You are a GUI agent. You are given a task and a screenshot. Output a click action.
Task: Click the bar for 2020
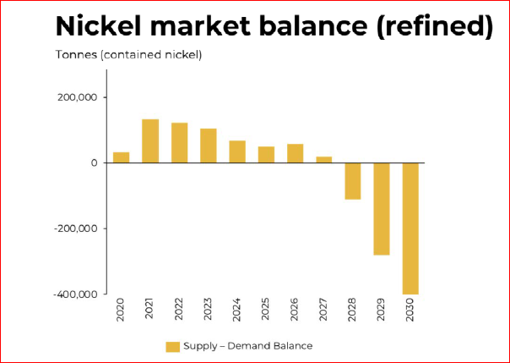point(121,157)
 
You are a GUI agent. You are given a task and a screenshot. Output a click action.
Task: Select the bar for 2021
point(150,140)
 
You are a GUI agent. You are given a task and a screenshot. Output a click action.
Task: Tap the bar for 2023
point(209,146)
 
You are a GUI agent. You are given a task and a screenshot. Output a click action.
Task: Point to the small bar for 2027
point(324,159)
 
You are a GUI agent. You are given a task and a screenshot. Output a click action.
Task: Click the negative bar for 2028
point(353,181)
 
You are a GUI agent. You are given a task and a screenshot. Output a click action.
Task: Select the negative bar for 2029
point(382,208)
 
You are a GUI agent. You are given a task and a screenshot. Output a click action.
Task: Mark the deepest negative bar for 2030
point(410,228)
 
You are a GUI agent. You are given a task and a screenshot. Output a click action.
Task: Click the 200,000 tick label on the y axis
point(77,97)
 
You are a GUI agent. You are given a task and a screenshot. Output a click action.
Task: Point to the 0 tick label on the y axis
point(95,162)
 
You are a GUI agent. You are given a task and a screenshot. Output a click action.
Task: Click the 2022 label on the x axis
point(180,311)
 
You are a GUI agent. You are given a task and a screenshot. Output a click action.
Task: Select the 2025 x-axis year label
point(266,311)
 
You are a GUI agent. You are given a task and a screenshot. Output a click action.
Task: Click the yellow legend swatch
point(173,346)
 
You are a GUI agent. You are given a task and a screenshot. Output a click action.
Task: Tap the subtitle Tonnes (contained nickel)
point(129,56)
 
